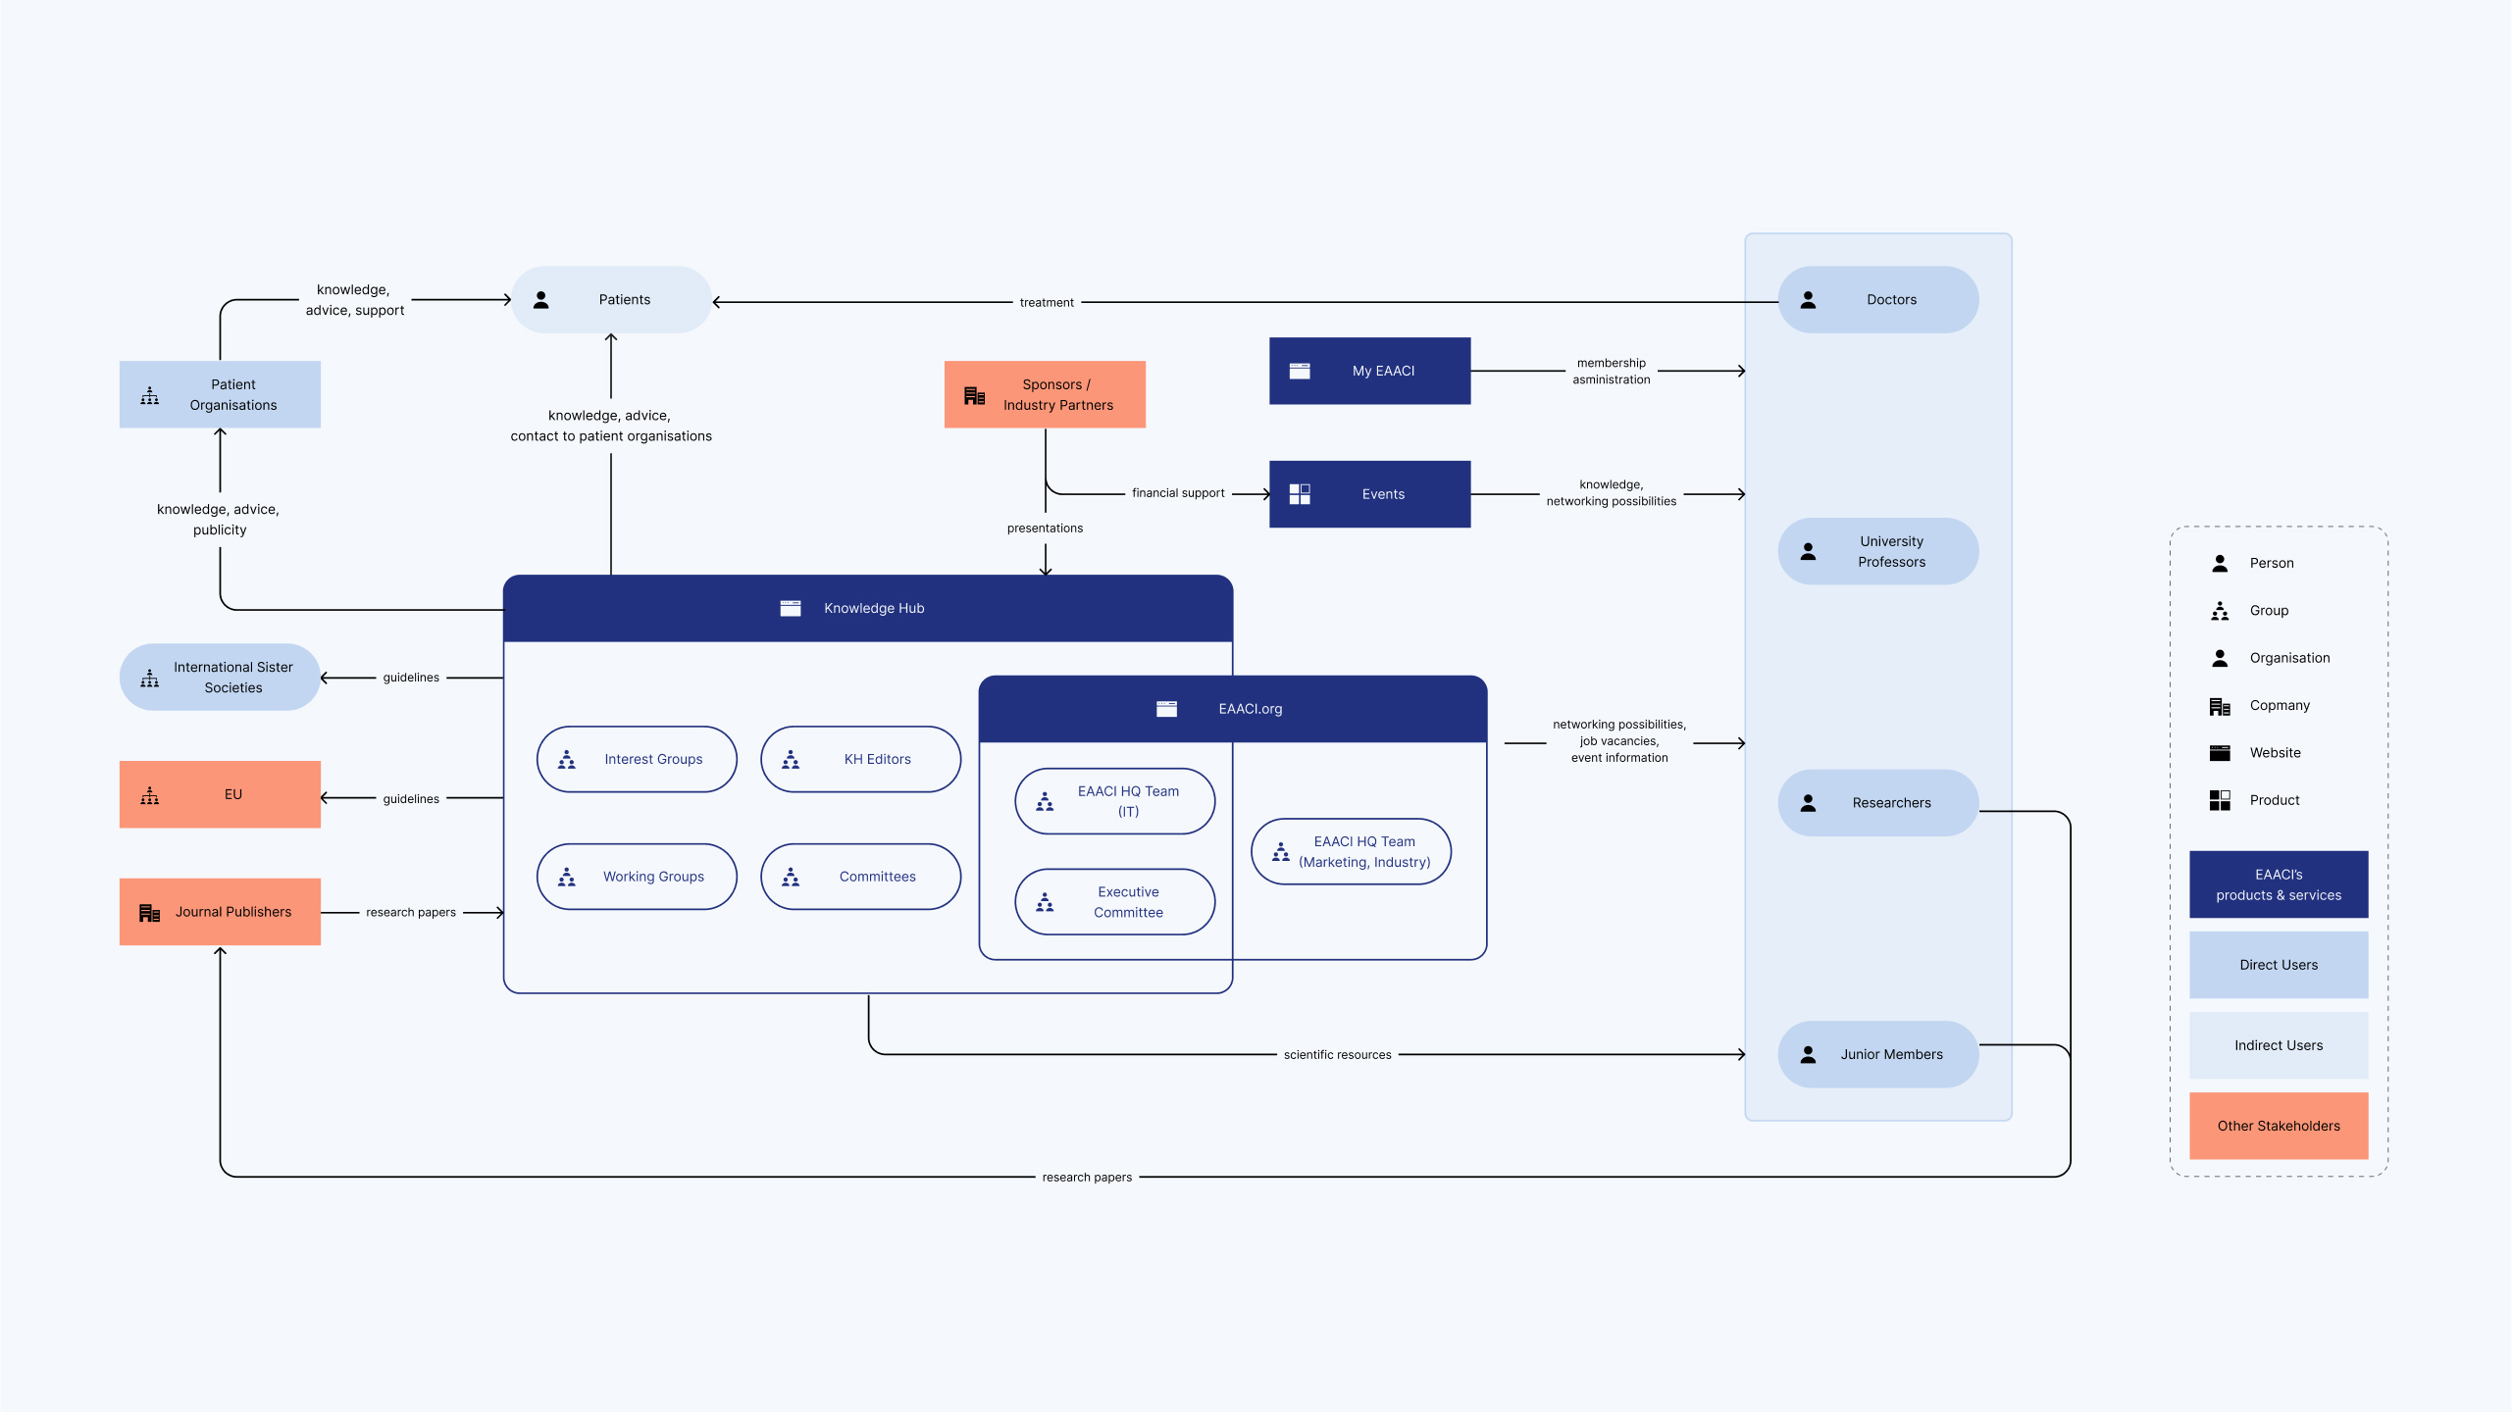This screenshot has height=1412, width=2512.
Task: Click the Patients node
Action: tap(611, 300)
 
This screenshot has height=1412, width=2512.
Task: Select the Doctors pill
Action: tap(1877, 300)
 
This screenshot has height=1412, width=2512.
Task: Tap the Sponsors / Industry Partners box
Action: tap(1045, 394)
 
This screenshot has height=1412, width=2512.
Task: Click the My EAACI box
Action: tap(1369, 371)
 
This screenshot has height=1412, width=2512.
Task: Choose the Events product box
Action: tap(1369, 494)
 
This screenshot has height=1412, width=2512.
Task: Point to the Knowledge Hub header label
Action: tap(873, 609)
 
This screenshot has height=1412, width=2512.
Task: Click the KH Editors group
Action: tap(860, 759)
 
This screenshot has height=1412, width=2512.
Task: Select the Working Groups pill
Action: tap(637, 877)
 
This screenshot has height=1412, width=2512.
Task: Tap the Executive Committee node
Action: tap(1114, 902)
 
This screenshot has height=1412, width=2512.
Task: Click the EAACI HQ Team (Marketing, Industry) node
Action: tap(1351, 852)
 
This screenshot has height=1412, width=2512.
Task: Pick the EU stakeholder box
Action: tap(220, 794)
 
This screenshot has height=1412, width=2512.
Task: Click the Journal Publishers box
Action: tap(220, 912)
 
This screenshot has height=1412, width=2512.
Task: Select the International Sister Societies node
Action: tap(220, 678)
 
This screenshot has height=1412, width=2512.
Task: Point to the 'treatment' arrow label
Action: tap(1047, 303)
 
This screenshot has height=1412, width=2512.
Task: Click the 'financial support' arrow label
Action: tap(1178, 493)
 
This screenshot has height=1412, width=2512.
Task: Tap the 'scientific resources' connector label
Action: tap(1337, 1055)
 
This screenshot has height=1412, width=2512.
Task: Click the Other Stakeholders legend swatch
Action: tap(2278, 1126)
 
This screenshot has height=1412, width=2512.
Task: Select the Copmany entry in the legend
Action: tap(2279, 706)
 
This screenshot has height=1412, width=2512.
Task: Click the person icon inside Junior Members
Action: tap(1808, 1055)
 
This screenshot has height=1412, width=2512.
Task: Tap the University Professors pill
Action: tap(1877, 552)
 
